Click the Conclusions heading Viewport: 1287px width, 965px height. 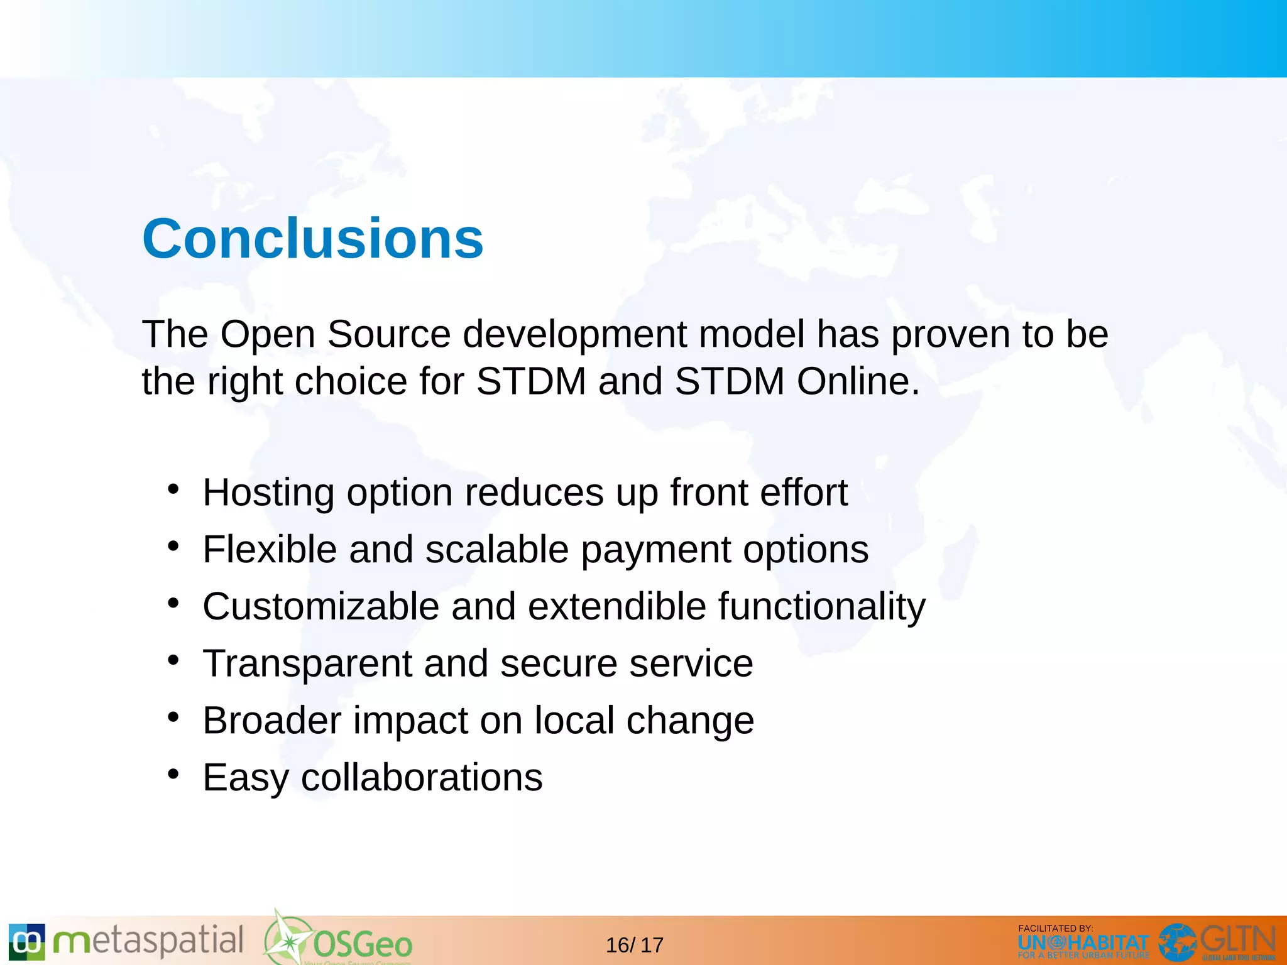[312, 239]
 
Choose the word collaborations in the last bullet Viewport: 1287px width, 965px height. [422, 778]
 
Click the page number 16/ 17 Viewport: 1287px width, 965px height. [634, 945]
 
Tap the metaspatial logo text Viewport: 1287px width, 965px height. [148, 941]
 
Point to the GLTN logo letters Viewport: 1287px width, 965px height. [1237, 940]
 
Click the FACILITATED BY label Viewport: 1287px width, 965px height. [1055, 928]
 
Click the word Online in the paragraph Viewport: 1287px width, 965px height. [858, 381]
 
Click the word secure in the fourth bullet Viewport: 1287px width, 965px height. [559, 663]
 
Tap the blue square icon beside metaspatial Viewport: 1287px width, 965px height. [27, 942]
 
